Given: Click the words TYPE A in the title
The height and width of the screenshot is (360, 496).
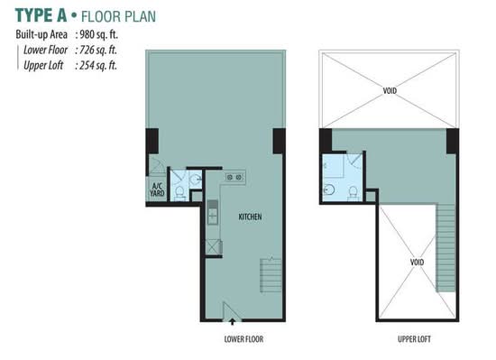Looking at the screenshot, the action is (41, 15).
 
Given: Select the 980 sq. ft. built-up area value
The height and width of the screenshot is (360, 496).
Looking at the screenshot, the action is (98, 34).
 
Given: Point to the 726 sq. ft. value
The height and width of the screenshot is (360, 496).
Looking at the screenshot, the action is (98, 50).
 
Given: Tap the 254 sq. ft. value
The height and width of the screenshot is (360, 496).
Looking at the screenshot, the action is (98, 66).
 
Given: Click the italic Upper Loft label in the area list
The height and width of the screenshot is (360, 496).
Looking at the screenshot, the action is (43, 66).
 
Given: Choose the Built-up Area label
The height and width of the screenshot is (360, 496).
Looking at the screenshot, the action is (41, 34).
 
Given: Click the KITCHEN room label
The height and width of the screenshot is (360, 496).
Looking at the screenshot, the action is (250, 217).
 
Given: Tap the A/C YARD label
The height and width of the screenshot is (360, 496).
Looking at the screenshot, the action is (157, 189).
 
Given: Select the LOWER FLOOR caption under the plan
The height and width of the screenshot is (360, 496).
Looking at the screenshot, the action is (243, 339).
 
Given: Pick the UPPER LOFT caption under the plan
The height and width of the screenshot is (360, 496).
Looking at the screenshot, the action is (414, 339).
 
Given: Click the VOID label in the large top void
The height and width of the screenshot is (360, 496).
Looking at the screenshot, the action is (390, 91).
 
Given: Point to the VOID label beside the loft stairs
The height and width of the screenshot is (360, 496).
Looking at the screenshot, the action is (417, 263).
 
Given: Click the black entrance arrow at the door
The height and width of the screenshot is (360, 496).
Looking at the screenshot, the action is (233, 321).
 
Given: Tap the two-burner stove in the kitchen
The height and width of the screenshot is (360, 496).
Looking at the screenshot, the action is (234, 178).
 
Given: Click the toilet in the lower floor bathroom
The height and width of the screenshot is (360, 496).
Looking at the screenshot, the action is (179, 192).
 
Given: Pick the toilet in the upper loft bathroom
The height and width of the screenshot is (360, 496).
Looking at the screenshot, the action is (353, 193).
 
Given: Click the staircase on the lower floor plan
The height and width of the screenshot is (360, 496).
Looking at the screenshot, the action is (271, 275).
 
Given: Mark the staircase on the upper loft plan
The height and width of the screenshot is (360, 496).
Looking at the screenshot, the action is (445, 248).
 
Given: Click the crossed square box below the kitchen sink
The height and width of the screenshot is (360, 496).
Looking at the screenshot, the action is (213, 247).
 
